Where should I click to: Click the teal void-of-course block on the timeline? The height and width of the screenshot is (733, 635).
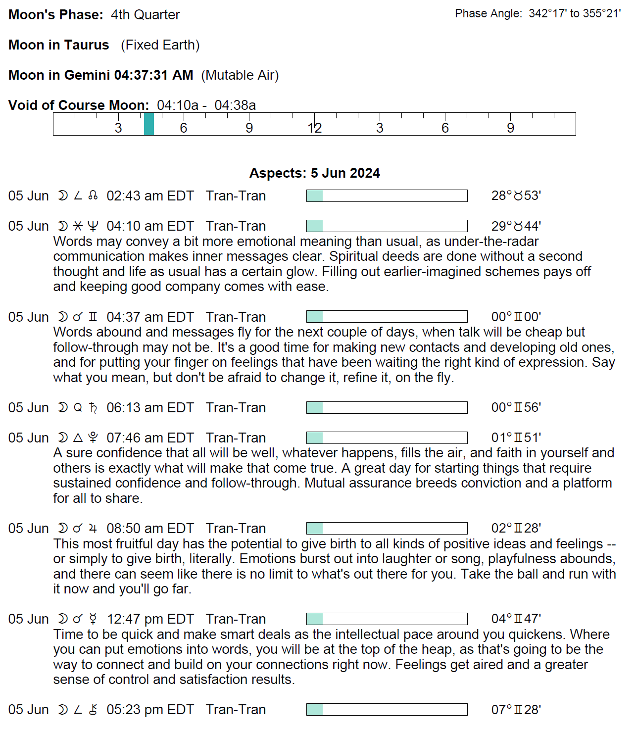[x=149, y=124]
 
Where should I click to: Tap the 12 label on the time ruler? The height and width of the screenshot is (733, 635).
[x=314, y=128]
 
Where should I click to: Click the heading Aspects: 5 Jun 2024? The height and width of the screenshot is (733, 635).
[x=314, y=173]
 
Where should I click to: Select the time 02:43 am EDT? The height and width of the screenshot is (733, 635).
[x=150, y=196]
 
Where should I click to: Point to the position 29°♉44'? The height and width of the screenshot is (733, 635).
[x=516, y=226]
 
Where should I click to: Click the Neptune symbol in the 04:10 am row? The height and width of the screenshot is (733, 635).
[x=93, y=226]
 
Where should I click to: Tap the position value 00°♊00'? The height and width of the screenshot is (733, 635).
[x=516, y=317]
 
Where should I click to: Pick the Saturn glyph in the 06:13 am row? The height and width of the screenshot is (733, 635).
[x=93, y=408]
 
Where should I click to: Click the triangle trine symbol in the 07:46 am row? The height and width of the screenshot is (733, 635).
[x=78, y=438]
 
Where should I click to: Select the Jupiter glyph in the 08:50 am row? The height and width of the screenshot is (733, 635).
[x=93, y=529]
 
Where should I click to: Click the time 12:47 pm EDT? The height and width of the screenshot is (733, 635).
[x=150, y=619]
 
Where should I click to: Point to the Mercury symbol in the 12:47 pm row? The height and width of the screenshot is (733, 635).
[x=93, y=619]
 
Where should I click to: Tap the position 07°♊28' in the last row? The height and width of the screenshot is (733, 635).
[x=516, y=710]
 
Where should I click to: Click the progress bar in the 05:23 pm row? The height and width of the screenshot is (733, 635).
[x=387, y=710]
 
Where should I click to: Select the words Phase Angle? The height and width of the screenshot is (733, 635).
[x=488, y=14]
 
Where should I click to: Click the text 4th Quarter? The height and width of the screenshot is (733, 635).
[x=145, y=15]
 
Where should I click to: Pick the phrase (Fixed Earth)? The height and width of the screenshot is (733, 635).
[x=160, y=45]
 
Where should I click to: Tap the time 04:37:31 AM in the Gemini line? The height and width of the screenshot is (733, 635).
[x=153, y=75]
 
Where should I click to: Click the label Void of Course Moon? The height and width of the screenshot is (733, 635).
[x=79, y=105]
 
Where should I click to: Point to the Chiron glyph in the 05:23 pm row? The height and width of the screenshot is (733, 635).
[x=93, y=710]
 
